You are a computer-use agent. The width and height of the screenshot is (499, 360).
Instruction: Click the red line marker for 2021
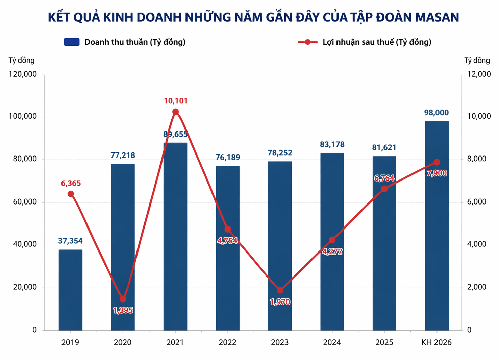tap(175, 112)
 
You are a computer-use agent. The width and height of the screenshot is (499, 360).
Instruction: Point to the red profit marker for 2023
tap(280, 290)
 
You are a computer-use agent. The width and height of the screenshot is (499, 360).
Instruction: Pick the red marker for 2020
tap(123, 299)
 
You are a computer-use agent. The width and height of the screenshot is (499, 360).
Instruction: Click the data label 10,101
tap(176, 101)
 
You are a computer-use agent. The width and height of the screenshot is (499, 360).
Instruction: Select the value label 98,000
tap(436, 113)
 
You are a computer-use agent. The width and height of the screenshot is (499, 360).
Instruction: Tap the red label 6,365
tap(71, 183)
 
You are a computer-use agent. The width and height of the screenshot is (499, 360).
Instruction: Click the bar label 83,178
tap(332, 144)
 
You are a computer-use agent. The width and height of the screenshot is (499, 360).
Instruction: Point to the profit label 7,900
tap(436, 173)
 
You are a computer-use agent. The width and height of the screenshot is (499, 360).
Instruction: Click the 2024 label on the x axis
tap(332, 342)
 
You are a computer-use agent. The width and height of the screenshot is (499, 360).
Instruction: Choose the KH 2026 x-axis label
tap(436, 342)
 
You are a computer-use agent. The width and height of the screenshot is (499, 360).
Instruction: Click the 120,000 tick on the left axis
tap(22, 74)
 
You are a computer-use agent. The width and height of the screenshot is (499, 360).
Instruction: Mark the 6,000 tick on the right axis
tap(476, 202)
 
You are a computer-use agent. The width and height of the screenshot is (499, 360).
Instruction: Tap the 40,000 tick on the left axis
tap(25, 244)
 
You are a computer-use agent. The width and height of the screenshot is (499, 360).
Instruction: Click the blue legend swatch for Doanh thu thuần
tap(72, 42)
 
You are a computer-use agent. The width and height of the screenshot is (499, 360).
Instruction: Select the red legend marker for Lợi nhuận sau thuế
tap(307, 42)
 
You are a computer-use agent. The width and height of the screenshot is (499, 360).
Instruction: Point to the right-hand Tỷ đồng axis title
tap(477, 61)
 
